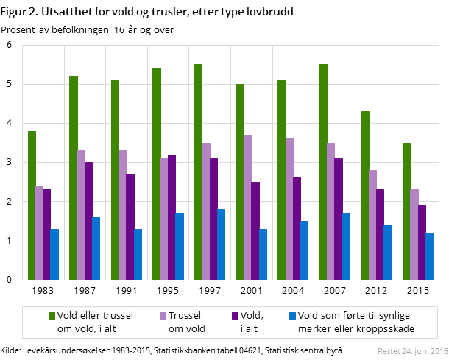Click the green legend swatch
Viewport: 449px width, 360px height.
pos(52,316)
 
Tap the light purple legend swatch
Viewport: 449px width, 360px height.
pos(163,316)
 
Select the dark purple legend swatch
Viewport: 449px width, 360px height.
pos(236,316)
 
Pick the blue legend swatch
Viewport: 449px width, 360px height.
pos(292,316)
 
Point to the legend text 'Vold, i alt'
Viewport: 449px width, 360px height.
pos(252,322)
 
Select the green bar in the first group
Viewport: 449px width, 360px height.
pos(32,205)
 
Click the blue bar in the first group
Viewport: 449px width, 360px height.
pos(54,254)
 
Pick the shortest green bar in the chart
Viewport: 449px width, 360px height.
pos(32,205)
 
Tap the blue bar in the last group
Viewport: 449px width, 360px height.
pos(429,256)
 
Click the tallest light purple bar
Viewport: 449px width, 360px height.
pos(248,207)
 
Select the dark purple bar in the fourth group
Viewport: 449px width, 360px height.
pos(172,217)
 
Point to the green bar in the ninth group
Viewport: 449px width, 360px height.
pos(365,195)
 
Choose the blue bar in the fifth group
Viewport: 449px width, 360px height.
pos(221,244)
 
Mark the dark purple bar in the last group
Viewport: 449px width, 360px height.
pos(422,242)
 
